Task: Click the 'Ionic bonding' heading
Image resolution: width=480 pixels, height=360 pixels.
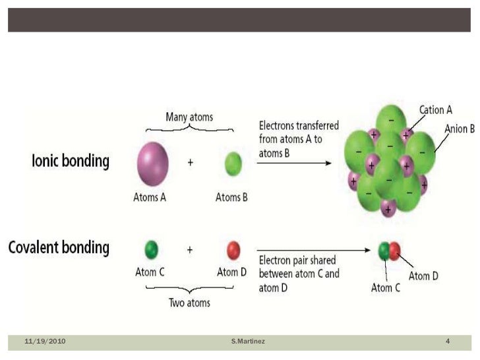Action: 71,162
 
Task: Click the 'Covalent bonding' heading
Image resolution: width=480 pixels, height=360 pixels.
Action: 58,248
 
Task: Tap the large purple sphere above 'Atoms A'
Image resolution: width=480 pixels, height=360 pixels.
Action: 152,164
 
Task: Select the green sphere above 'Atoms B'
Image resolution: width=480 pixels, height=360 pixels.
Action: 231,163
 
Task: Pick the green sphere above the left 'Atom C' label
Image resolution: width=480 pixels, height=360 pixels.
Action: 151,250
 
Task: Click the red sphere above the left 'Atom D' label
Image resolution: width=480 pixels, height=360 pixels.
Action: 233,250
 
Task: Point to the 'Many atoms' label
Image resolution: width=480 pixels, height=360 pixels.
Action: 189,117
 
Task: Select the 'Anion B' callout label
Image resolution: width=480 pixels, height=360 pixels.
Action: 460,129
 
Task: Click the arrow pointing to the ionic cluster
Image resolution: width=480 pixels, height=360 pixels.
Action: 293,163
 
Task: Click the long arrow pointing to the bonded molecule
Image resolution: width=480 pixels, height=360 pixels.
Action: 314,251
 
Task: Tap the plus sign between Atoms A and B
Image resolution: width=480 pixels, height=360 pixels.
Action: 191,163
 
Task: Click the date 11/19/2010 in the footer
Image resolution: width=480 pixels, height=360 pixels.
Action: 45,341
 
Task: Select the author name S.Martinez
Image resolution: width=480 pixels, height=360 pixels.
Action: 248,341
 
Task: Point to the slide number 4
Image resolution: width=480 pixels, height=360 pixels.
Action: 448,341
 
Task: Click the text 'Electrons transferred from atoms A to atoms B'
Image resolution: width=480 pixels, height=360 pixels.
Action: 299,138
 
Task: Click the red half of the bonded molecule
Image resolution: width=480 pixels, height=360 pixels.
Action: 394,251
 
